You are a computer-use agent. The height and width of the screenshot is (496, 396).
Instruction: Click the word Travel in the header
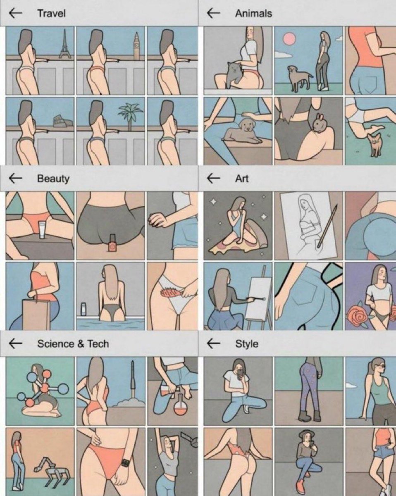click(x=52, y=13)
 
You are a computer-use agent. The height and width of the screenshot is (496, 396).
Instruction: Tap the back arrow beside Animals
click(x=213, y=13)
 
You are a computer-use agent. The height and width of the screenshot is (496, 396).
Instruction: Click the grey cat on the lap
click(x=233, y=74)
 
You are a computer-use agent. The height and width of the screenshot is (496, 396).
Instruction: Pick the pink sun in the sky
click(x=289, y=38)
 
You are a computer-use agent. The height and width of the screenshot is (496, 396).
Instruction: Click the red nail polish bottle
click(x=112, y=243)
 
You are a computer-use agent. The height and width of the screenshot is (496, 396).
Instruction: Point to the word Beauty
click(x=53, y=179)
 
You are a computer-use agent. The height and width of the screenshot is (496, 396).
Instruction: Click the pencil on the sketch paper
click(x=327, y=227)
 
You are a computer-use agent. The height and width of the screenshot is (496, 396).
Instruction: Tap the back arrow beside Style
click(x=213, y=343)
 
